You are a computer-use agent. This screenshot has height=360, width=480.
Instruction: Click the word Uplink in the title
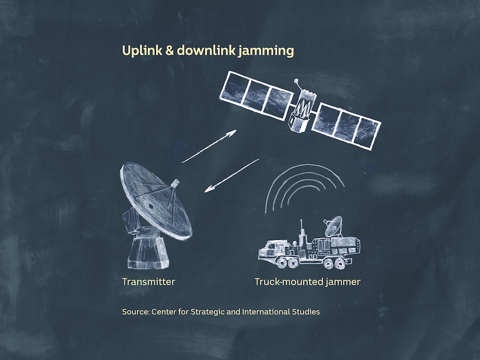142,51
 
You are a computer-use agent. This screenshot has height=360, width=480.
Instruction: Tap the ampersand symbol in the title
169,51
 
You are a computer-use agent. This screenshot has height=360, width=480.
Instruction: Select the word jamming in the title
266,51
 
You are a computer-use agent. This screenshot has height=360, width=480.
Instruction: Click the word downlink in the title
206,50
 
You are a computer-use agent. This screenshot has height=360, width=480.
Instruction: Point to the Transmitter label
149,282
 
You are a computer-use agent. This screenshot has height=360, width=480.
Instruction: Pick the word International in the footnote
266,312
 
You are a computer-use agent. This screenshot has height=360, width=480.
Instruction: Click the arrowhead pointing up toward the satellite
232,133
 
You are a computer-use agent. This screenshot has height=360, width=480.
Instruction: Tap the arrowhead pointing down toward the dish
209,189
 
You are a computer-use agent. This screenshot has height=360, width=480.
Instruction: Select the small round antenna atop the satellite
296,81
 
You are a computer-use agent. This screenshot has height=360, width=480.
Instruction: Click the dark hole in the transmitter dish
151,206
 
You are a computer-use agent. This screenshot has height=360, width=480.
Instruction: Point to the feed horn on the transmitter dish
175,183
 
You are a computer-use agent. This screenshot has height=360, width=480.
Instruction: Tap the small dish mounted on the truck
334,226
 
